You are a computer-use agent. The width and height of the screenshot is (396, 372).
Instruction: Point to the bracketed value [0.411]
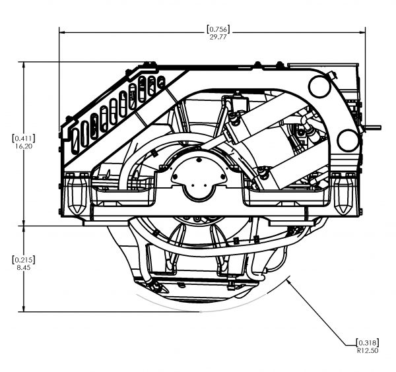point(24,138)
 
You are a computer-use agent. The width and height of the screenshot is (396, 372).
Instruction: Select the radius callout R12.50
point(366,350)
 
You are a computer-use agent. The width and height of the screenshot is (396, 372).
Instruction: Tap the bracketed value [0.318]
point(366,342)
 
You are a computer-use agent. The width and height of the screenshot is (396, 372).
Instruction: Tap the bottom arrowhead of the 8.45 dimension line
point(24,309)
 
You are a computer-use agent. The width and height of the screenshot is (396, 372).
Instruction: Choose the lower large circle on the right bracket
point(347,139)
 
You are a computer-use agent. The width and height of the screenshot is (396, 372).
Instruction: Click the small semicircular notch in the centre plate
point(196,195)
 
